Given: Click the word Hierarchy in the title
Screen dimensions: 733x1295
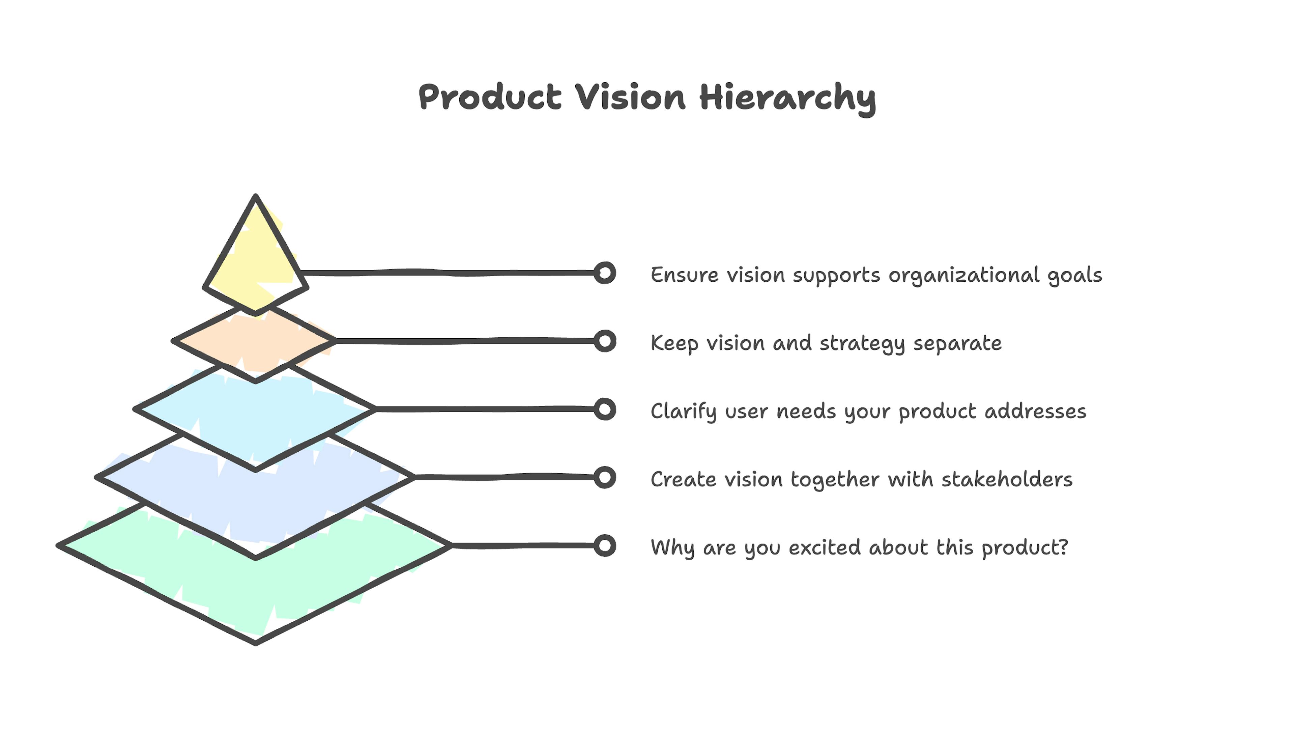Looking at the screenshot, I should (x=788, y=98).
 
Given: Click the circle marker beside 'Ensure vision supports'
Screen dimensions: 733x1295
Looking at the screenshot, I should (x=604, y=273).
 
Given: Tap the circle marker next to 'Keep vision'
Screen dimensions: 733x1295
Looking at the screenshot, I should (x=604, y=341).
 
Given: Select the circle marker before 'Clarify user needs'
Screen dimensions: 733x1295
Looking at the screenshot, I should (x=604, y=409).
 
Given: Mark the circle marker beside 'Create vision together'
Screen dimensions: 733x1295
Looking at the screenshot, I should (x=604, y=478).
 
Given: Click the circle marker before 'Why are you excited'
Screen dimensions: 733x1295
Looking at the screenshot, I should (x=604, y=546).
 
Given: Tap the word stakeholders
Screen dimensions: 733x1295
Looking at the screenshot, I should (x=1007, y=480).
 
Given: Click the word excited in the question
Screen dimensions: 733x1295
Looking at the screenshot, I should (x=825, y=548).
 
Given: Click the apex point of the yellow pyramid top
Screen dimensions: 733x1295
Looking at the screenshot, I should (x=256, y=197).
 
